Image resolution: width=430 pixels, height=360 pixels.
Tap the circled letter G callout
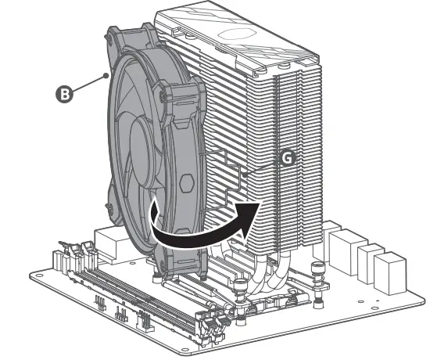(x=287, y=157)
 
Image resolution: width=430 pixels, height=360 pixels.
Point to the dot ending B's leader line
(x=106, y=76)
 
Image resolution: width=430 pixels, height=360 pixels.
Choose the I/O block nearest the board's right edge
(x=389, y=274)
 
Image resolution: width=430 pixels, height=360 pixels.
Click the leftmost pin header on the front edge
(x=101, y=302)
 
